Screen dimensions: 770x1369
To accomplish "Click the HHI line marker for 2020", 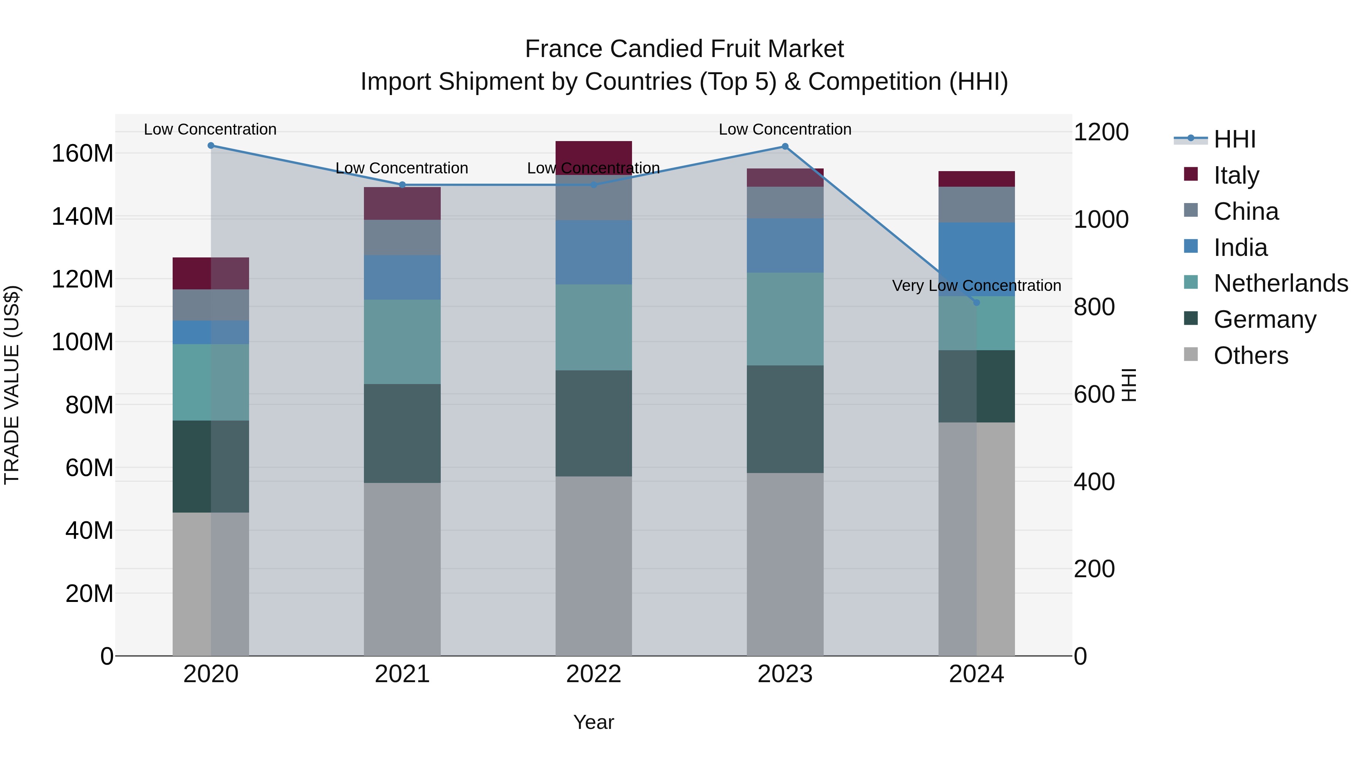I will pos(211,145).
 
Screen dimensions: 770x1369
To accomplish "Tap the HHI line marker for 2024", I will pos(976,302).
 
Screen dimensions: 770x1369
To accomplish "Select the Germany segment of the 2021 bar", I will pos(402,433).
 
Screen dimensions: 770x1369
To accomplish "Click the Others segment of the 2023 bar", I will pos(785,563).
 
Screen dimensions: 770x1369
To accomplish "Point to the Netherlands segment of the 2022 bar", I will pos(594,327).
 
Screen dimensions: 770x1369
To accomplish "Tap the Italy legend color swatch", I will pos(1191,174).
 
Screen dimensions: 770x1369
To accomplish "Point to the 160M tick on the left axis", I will pos(83,154).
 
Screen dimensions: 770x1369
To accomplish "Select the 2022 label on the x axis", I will pos(594,674).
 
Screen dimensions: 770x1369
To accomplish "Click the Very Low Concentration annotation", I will pos(976,285).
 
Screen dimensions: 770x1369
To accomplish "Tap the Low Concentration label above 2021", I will pos(402,168).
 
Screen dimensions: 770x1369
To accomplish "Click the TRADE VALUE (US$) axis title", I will pos(12,385).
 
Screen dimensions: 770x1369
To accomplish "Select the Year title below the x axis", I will pos(594,722).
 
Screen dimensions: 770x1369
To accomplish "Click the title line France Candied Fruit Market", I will pos(684,49).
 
